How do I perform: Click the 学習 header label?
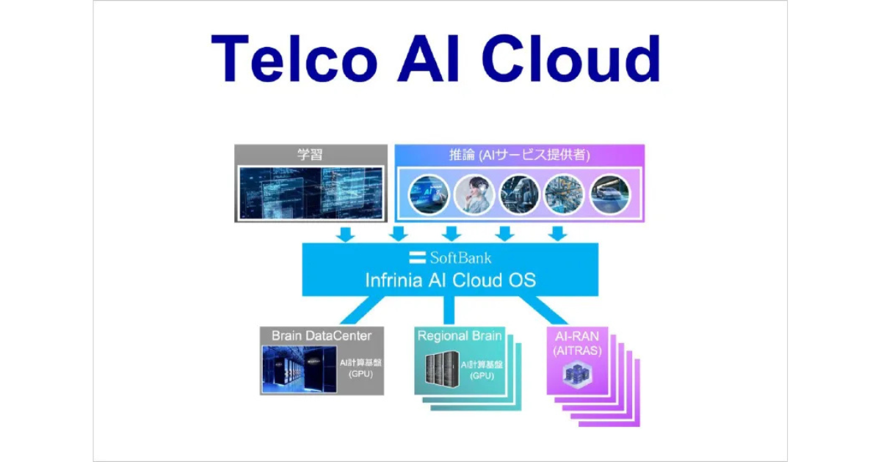[x=310, y=155]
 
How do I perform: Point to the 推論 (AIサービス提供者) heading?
[x=519, y=155]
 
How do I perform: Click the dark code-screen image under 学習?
[x=310, y=193]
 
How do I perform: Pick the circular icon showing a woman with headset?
[x=474, y=194]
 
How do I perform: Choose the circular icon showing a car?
[x=610, y=194]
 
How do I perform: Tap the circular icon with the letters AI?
[x=429, y=194]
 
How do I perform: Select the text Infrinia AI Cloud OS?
[x=451, y=280]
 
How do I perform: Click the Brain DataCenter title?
[x=322, y=336]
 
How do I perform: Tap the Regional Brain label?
[x=460, y=336]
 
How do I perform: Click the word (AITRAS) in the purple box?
[x=577, y=351]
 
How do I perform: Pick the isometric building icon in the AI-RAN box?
[x=576, y=373]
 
